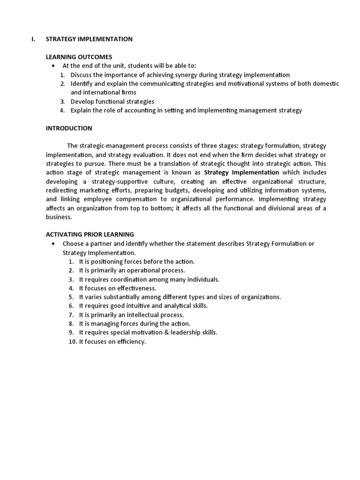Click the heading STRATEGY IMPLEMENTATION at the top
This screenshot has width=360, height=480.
click(89, 39)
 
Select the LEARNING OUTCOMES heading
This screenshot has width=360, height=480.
click(79, 57)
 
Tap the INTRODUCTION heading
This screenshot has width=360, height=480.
click(69, 128)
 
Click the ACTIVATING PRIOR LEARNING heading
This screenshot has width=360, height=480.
click(90, 234)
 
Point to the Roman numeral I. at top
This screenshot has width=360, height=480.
click(33, 39)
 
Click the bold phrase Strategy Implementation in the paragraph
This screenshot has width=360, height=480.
click(241, 172)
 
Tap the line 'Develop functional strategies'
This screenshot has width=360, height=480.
click(112, 102)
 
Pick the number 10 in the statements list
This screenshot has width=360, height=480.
click(72, 342)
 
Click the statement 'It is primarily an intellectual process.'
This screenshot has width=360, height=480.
click(131, 315)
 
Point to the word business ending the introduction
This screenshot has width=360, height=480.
click(59, 217)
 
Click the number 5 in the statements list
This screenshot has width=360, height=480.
click(71, 297)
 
